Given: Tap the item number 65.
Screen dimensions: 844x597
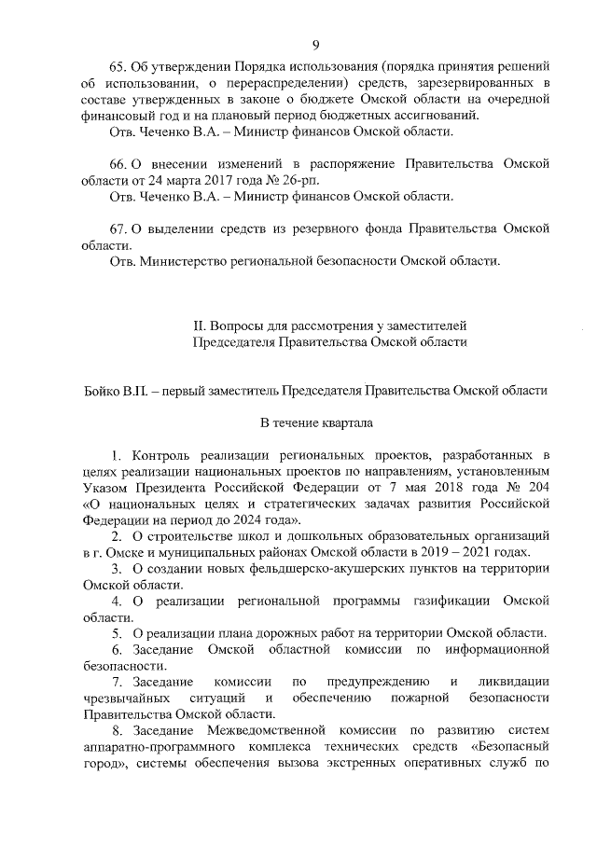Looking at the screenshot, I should point(118,68).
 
